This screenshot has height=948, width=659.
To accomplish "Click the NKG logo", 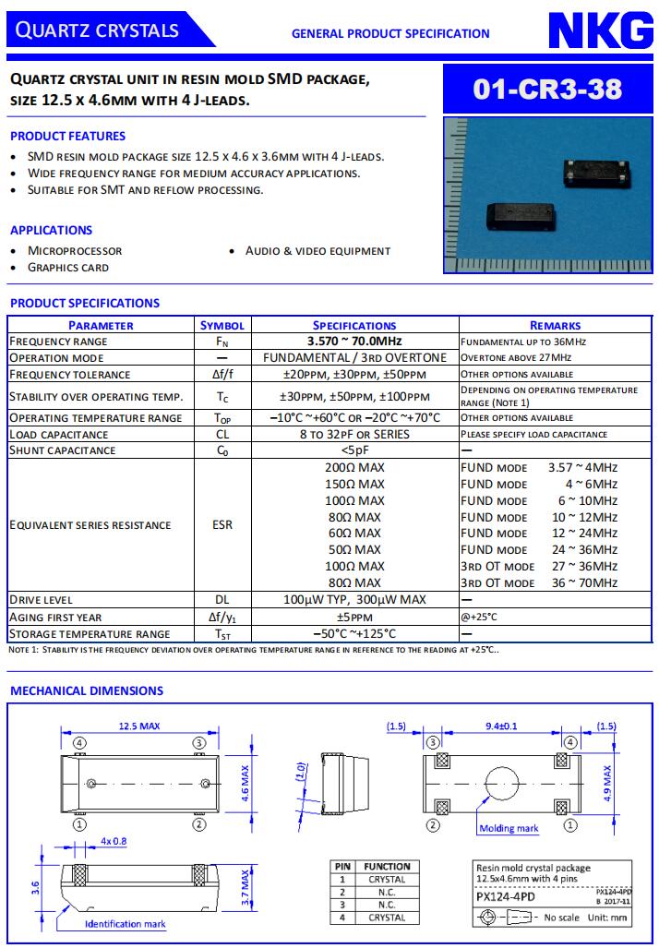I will pos(600,32).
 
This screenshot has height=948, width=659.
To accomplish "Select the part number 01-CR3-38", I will pos(547,90).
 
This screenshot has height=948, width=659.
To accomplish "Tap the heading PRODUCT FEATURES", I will pos(67,136).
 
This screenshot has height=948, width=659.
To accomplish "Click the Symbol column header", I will pos(222,325).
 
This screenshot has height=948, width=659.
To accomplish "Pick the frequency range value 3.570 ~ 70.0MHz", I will pos(354,341).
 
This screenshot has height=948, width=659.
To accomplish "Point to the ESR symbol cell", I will pos(222,524).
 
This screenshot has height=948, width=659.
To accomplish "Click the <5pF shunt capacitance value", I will pos(354,450).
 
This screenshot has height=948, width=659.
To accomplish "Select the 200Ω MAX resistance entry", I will pos(354,467).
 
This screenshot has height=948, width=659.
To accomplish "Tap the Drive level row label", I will pos(41,600).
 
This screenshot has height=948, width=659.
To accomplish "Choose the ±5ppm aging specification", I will pos(354,617).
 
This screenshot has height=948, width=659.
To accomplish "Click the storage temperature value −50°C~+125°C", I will pos(354,633).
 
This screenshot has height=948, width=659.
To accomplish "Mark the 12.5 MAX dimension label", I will pos(138,726).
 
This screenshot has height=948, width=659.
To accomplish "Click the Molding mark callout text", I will pos(509,828).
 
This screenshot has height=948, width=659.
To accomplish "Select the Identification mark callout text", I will pos(126,923).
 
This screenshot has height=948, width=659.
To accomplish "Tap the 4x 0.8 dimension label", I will pos(113,841).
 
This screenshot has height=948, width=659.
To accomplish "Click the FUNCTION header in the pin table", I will pos(387,867).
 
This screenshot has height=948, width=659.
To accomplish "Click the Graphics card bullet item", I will pos(68,268).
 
